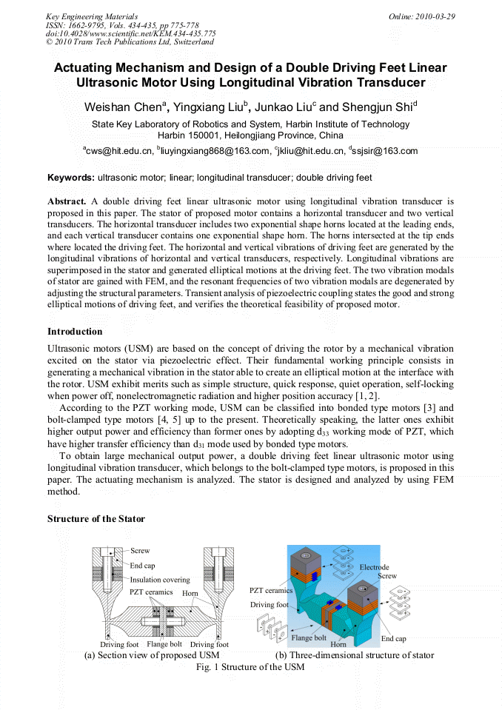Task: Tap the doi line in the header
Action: (x=131, y=33)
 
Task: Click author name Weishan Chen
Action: (x=124, y=107)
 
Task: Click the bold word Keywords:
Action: (x=71, y=178)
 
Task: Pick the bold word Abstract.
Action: (x=67, y=201)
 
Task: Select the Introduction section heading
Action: (x=75, y=331)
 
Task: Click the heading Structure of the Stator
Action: (x=96, y=519)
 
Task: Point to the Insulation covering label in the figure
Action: (x=160, y=580)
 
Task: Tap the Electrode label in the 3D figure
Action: (x=374, y=567)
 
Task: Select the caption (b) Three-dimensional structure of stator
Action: (x=355, y=655)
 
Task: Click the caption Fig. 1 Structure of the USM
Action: (x=250, y=667)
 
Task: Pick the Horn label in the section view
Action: (x=190, y=594)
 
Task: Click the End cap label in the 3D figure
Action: (x=393, y=638)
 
